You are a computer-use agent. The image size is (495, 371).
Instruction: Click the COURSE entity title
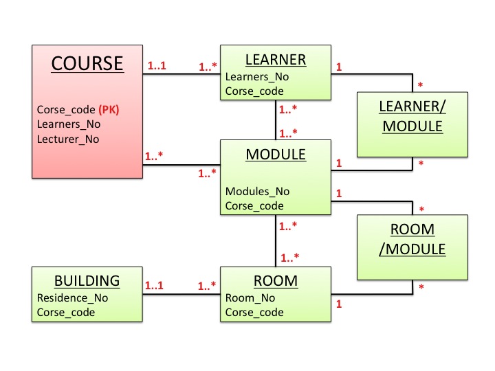[x=87, y=63]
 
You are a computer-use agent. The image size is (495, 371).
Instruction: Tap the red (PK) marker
[x=113, y=109]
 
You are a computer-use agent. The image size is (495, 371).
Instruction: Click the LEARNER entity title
[x=275, y=60]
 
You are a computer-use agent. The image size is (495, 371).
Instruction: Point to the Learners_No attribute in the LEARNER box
[x=256, y=77]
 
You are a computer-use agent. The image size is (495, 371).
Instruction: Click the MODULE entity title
[x=275, y=155]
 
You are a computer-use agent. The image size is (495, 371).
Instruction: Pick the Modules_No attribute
[x=257, y=191]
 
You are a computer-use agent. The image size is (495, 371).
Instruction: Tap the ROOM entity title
[x=275, y=280]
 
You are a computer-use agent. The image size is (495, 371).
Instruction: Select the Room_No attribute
[x=250, y=298]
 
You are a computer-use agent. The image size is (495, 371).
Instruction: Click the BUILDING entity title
[x=87, y=280]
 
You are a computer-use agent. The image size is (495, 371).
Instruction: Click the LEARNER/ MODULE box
[x=412, y=117]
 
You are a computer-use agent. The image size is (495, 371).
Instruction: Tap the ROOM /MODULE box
[x=412, y=239]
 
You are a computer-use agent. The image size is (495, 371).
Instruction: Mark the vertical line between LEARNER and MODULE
[x=275, y=121]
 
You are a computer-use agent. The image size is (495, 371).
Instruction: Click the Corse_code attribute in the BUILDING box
[x=65, y=312]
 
